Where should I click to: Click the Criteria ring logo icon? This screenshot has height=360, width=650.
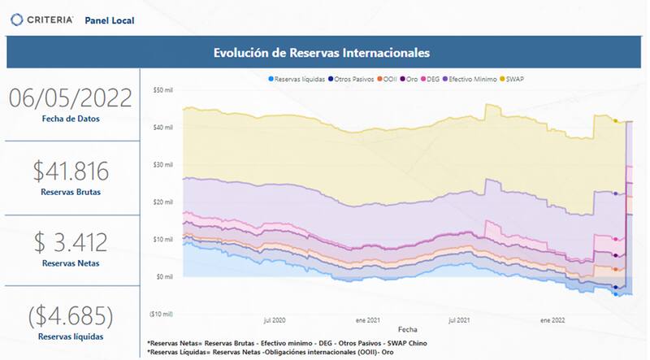tap(15, 19)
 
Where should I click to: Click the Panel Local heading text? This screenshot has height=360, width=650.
tap(110, 20)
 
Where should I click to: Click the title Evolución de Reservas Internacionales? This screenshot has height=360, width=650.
tap(322, 53)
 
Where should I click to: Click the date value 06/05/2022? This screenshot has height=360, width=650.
tap(70, 98)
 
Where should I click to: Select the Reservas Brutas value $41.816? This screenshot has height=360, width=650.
tap(70, 171)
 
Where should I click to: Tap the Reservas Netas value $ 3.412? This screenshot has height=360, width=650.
tap(70, 241)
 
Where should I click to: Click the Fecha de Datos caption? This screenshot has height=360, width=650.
tap(70, 119)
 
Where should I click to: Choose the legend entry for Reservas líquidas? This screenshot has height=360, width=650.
tap(300, 79)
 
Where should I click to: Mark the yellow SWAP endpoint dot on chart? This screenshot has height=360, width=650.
tap(616, 121)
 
